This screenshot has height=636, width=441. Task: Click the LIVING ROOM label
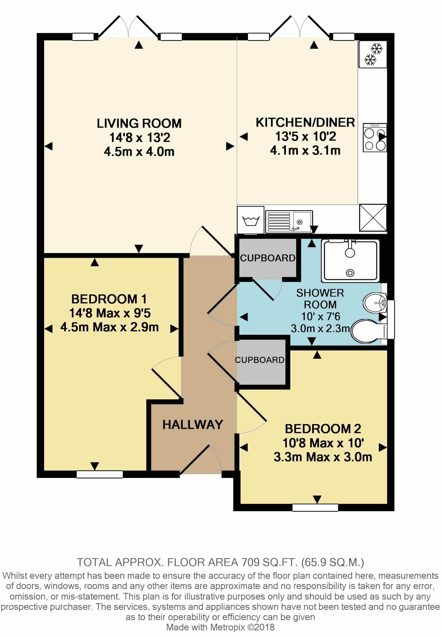pos(139,124)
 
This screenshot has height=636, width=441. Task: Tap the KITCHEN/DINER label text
pos(305,123)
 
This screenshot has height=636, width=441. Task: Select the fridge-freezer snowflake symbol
pos(373,54)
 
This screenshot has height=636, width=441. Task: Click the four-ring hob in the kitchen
pos(374,138)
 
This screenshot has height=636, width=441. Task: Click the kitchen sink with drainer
pos(289,222)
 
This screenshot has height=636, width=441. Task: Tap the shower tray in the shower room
pos(350,261)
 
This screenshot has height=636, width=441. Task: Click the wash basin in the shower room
pos(375,303)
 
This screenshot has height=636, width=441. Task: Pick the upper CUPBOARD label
pos(268,258)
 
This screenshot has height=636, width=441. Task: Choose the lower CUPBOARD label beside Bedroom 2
pos(260,360)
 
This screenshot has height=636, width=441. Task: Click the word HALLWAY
pos(193,425)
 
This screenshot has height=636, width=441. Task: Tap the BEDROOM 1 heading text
pos(109,299)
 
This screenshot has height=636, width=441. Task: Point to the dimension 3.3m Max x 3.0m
pos(323,457)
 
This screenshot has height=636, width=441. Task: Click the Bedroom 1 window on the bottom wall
pos(100,474)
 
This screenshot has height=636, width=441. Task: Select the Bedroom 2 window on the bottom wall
pos(315,507)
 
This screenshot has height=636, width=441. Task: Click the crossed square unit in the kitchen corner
pos(373,218)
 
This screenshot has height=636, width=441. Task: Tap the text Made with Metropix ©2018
pos(220,627)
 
